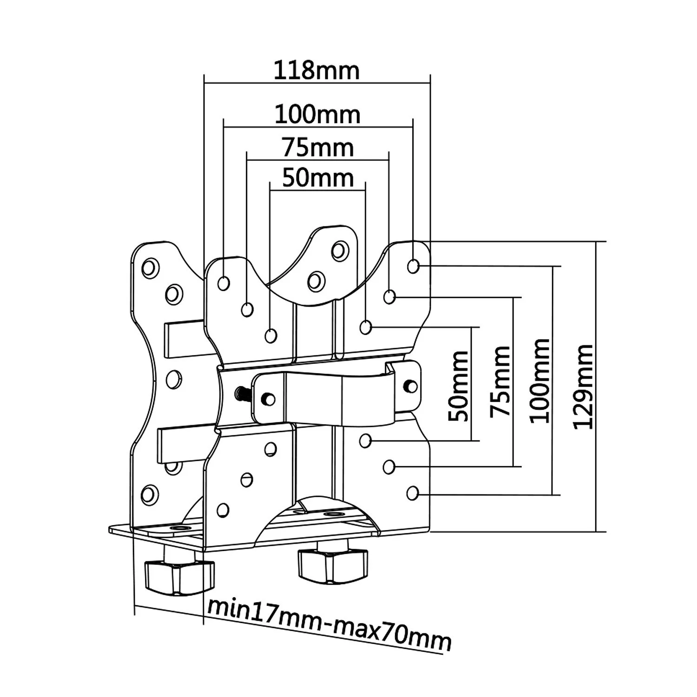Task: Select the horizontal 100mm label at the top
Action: [x=317, y=114]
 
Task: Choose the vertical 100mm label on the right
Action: [x=540, y=381]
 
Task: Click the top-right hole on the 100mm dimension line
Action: [x=413, y=266]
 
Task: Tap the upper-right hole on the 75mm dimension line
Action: [x=389, y=296]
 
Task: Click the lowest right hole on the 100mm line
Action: [x=413, y=493]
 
